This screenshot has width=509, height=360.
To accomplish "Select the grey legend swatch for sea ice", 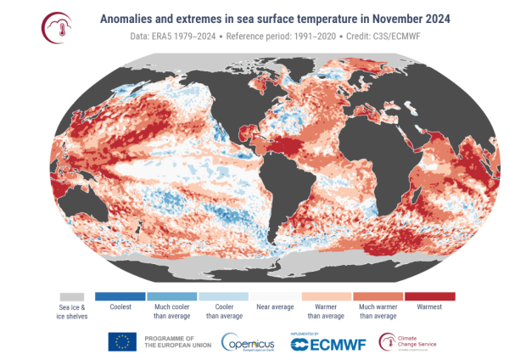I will [75, 295].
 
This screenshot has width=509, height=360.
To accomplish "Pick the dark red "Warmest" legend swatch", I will [430, 295].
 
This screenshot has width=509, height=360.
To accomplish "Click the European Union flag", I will [122, 341].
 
